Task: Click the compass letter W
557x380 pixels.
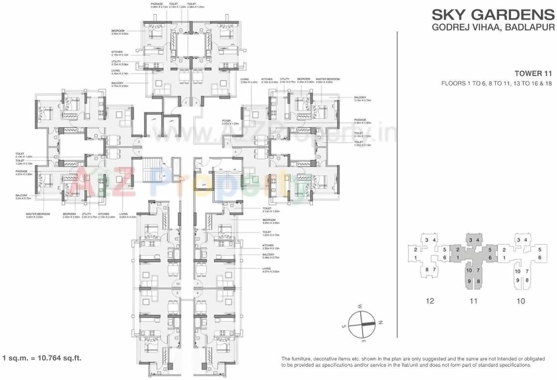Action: [x=359, y=306]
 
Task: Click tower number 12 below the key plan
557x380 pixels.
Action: [x=430, y=301]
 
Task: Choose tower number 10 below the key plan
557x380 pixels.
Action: [x=520, y=301]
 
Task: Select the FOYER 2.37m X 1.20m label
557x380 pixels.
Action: [x=230, y=123]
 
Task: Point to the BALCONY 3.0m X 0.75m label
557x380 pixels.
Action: [x=23, y=197]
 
